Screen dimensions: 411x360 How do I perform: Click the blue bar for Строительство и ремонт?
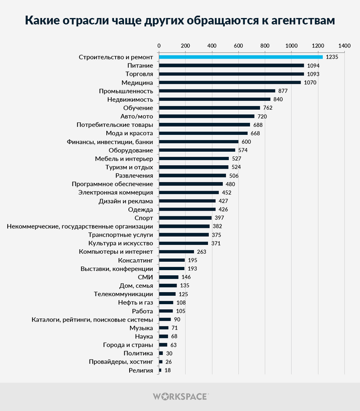pos(241,57)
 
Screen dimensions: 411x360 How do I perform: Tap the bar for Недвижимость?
pos(215,100)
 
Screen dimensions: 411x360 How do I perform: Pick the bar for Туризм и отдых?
pos(194,167)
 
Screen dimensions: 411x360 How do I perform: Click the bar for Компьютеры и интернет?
pos(177,252)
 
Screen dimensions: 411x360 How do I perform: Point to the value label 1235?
pos(332,57)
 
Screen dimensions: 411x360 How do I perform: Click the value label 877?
pos(283,91)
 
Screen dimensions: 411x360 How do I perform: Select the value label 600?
pos(246,142)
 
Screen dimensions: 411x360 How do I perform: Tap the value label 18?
pos(167,370)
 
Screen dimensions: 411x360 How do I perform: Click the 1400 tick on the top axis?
pos(344,45)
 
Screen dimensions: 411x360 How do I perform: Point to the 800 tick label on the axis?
pos(265,45)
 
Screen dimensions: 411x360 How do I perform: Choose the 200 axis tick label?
pos(185,45)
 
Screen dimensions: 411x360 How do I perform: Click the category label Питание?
pos(140,65)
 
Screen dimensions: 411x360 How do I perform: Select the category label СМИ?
pos(145,277)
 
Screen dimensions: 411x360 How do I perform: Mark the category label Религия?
pos(141,370)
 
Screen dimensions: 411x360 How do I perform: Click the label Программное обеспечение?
pos(112,184)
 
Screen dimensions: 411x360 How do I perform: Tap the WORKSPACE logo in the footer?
pos(180,397)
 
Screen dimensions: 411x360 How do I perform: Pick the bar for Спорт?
pos(185,218)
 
